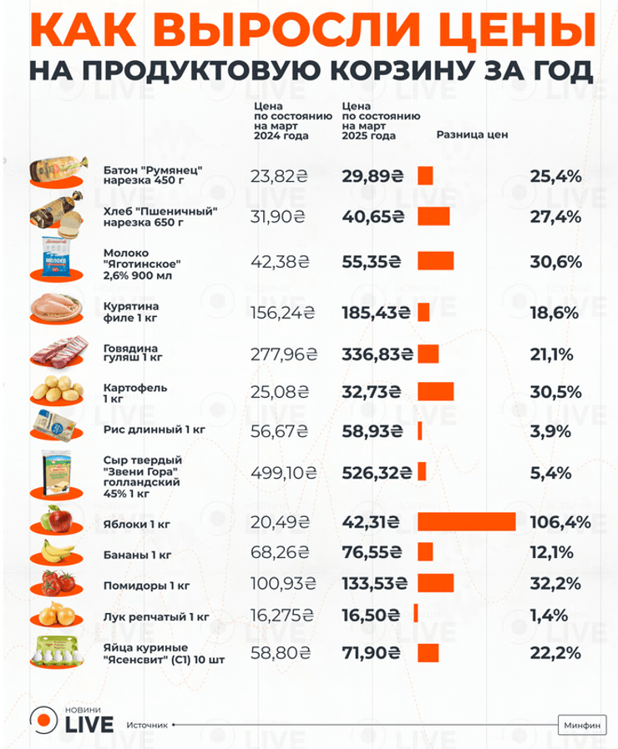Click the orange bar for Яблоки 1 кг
pos(467,522)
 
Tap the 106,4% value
pos(560,522)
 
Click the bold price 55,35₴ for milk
pos(377,260)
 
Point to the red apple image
pos(57,522)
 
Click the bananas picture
pos(57,552)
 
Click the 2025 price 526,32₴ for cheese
pos(377,472)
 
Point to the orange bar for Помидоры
pos(436,581)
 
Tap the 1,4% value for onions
pos(550,615)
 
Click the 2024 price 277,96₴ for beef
pos(283,354)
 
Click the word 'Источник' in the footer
pos(148,725)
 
